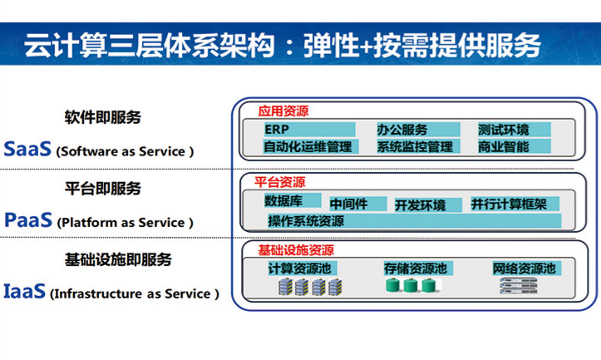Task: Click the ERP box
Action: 309,130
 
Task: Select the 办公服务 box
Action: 418,130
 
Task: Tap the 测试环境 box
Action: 514,130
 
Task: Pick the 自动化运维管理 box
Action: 311,146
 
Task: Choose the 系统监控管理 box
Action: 418,146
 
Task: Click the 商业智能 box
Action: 514,146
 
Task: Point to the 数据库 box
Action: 293,200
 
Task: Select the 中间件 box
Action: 358,204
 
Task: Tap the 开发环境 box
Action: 428,205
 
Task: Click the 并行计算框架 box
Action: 515,204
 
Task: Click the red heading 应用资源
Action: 283,111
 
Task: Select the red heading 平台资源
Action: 280,182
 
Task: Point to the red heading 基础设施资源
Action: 296,250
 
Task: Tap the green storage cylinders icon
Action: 412,286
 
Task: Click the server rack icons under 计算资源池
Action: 310,287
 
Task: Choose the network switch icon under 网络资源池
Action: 518,286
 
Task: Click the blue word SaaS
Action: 27,149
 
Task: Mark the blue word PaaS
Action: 28,220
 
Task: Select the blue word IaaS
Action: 25,291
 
